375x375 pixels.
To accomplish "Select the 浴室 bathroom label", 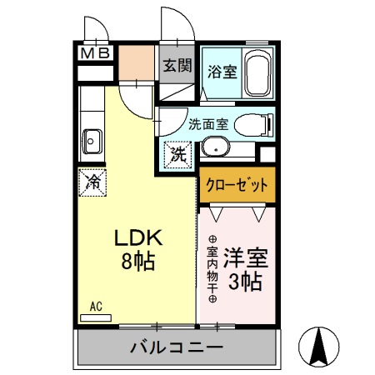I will [222, 72].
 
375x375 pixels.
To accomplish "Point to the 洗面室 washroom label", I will [207, 125].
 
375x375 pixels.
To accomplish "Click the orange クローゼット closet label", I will [237, 185].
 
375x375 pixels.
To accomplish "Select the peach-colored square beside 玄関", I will [137, 61].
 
